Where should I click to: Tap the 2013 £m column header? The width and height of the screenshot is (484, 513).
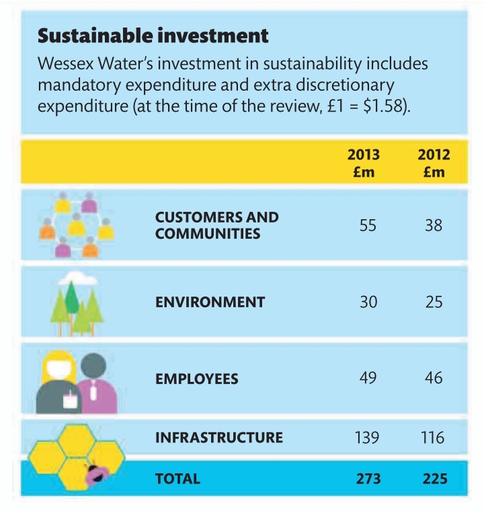click(363, 163)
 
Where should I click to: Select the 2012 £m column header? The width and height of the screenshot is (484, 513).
click(434, 163)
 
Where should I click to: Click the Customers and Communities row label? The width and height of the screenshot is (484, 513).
click(216, 226)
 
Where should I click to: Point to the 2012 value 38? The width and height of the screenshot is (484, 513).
click(434, 226)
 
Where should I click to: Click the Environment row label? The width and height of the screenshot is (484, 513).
click(210, 302)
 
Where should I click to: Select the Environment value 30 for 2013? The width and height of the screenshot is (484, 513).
click(367, 302)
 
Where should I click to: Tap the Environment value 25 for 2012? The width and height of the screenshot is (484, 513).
click(434, 302)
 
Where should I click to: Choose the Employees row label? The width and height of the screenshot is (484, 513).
click(196, 379)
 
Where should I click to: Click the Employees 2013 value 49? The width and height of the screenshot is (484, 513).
click(367, 378)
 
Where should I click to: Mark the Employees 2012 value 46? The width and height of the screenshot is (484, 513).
click(434, 378)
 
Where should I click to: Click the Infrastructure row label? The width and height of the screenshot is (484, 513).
click(218, 438)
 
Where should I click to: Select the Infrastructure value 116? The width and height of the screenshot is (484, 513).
click(433, 438)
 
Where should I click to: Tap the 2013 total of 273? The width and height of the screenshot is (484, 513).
click(367, 479)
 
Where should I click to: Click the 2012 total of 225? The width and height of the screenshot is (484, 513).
click(434, 479)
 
